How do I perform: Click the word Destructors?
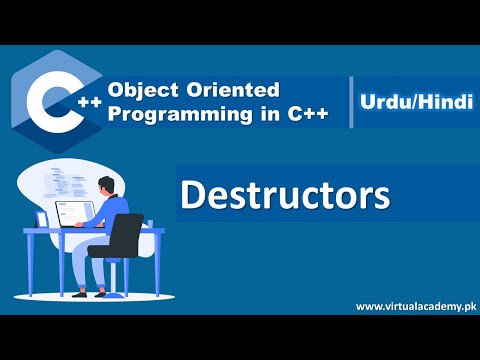284,193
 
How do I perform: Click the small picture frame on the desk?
42,219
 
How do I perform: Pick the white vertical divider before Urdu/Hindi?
351,102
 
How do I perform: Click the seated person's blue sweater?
113,212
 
